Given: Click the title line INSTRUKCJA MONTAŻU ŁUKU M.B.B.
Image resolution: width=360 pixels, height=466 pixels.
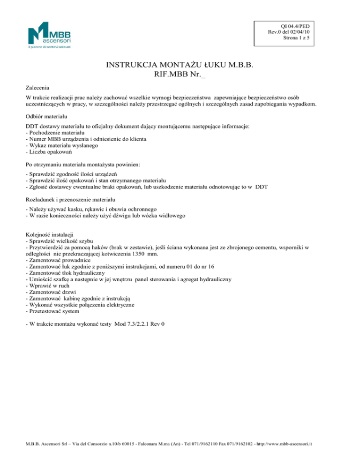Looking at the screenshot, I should pyautogui.click(x=180, y=65).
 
